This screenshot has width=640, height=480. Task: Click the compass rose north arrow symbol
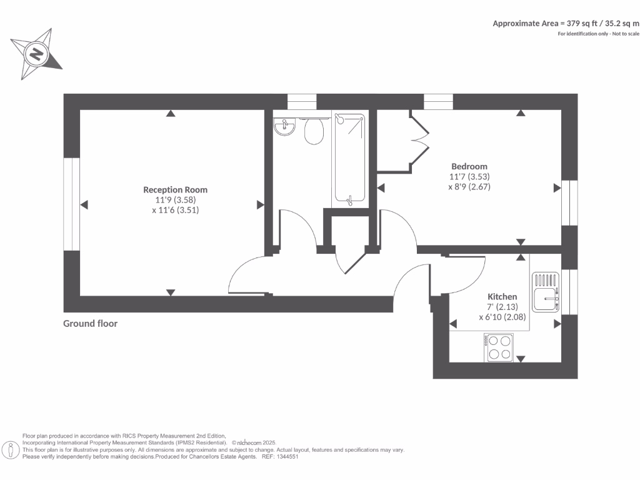click(36, 54)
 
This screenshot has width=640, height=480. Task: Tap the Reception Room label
click(175, 189)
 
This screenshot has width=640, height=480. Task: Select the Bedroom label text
click(469, 166)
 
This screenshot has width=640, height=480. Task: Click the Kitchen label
click(502, 296)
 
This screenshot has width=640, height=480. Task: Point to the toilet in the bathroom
click(314, 131)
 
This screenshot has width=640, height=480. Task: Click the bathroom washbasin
click(285, 128)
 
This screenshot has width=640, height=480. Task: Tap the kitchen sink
click(545, 292)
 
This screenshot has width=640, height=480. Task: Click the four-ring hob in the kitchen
click(499, 347)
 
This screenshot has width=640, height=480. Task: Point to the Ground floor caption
click(90, 323)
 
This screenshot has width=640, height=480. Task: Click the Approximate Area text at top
click(566, 23)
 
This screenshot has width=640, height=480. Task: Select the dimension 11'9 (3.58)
click(176, 200)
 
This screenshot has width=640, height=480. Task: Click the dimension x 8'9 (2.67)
click(470, 186)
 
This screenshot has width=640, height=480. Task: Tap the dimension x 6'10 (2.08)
click(502, 317)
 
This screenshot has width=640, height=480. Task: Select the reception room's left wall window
click(72, 204)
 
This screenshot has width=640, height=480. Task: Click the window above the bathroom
click(302, 101)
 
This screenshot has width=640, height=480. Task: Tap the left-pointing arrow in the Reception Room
click(84, 204)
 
